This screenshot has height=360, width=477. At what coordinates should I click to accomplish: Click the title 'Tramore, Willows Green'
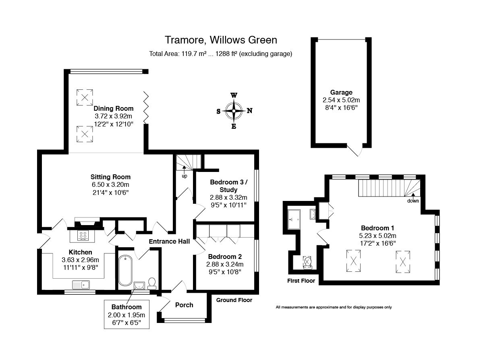221,40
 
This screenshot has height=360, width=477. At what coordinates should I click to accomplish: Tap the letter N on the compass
249,111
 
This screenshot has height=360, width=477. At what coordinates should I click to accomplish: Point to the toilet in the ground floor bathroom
152,283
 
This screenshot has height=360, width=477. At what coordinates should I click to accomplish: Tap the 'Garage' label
341,92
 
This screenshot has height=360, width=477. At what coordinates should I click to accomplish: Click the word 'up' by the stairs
185,176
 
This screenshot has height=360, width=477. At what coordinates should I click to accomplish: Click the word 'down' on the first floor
413,201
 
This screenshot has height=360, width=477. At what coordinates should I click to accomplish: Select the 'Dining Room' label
113,108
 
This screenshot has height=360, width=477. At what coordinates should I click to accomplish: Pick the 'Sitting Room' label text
110,177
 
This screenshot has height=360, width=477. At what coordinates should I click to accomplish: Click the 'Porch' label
184,305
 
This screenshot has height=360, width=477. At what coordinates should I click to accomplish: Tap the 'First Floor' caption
301,281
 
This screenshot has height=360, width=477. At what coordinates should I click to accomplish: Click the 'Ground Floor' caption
234,300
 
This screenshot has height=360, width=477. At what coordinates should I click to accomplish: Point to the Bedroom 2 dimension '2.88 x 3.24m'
225,264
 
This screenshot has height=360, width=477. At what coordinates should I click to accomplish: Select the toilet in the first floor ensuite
308,263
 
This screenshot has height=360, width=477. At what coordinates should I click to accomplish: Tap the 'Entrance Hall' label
169,242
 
